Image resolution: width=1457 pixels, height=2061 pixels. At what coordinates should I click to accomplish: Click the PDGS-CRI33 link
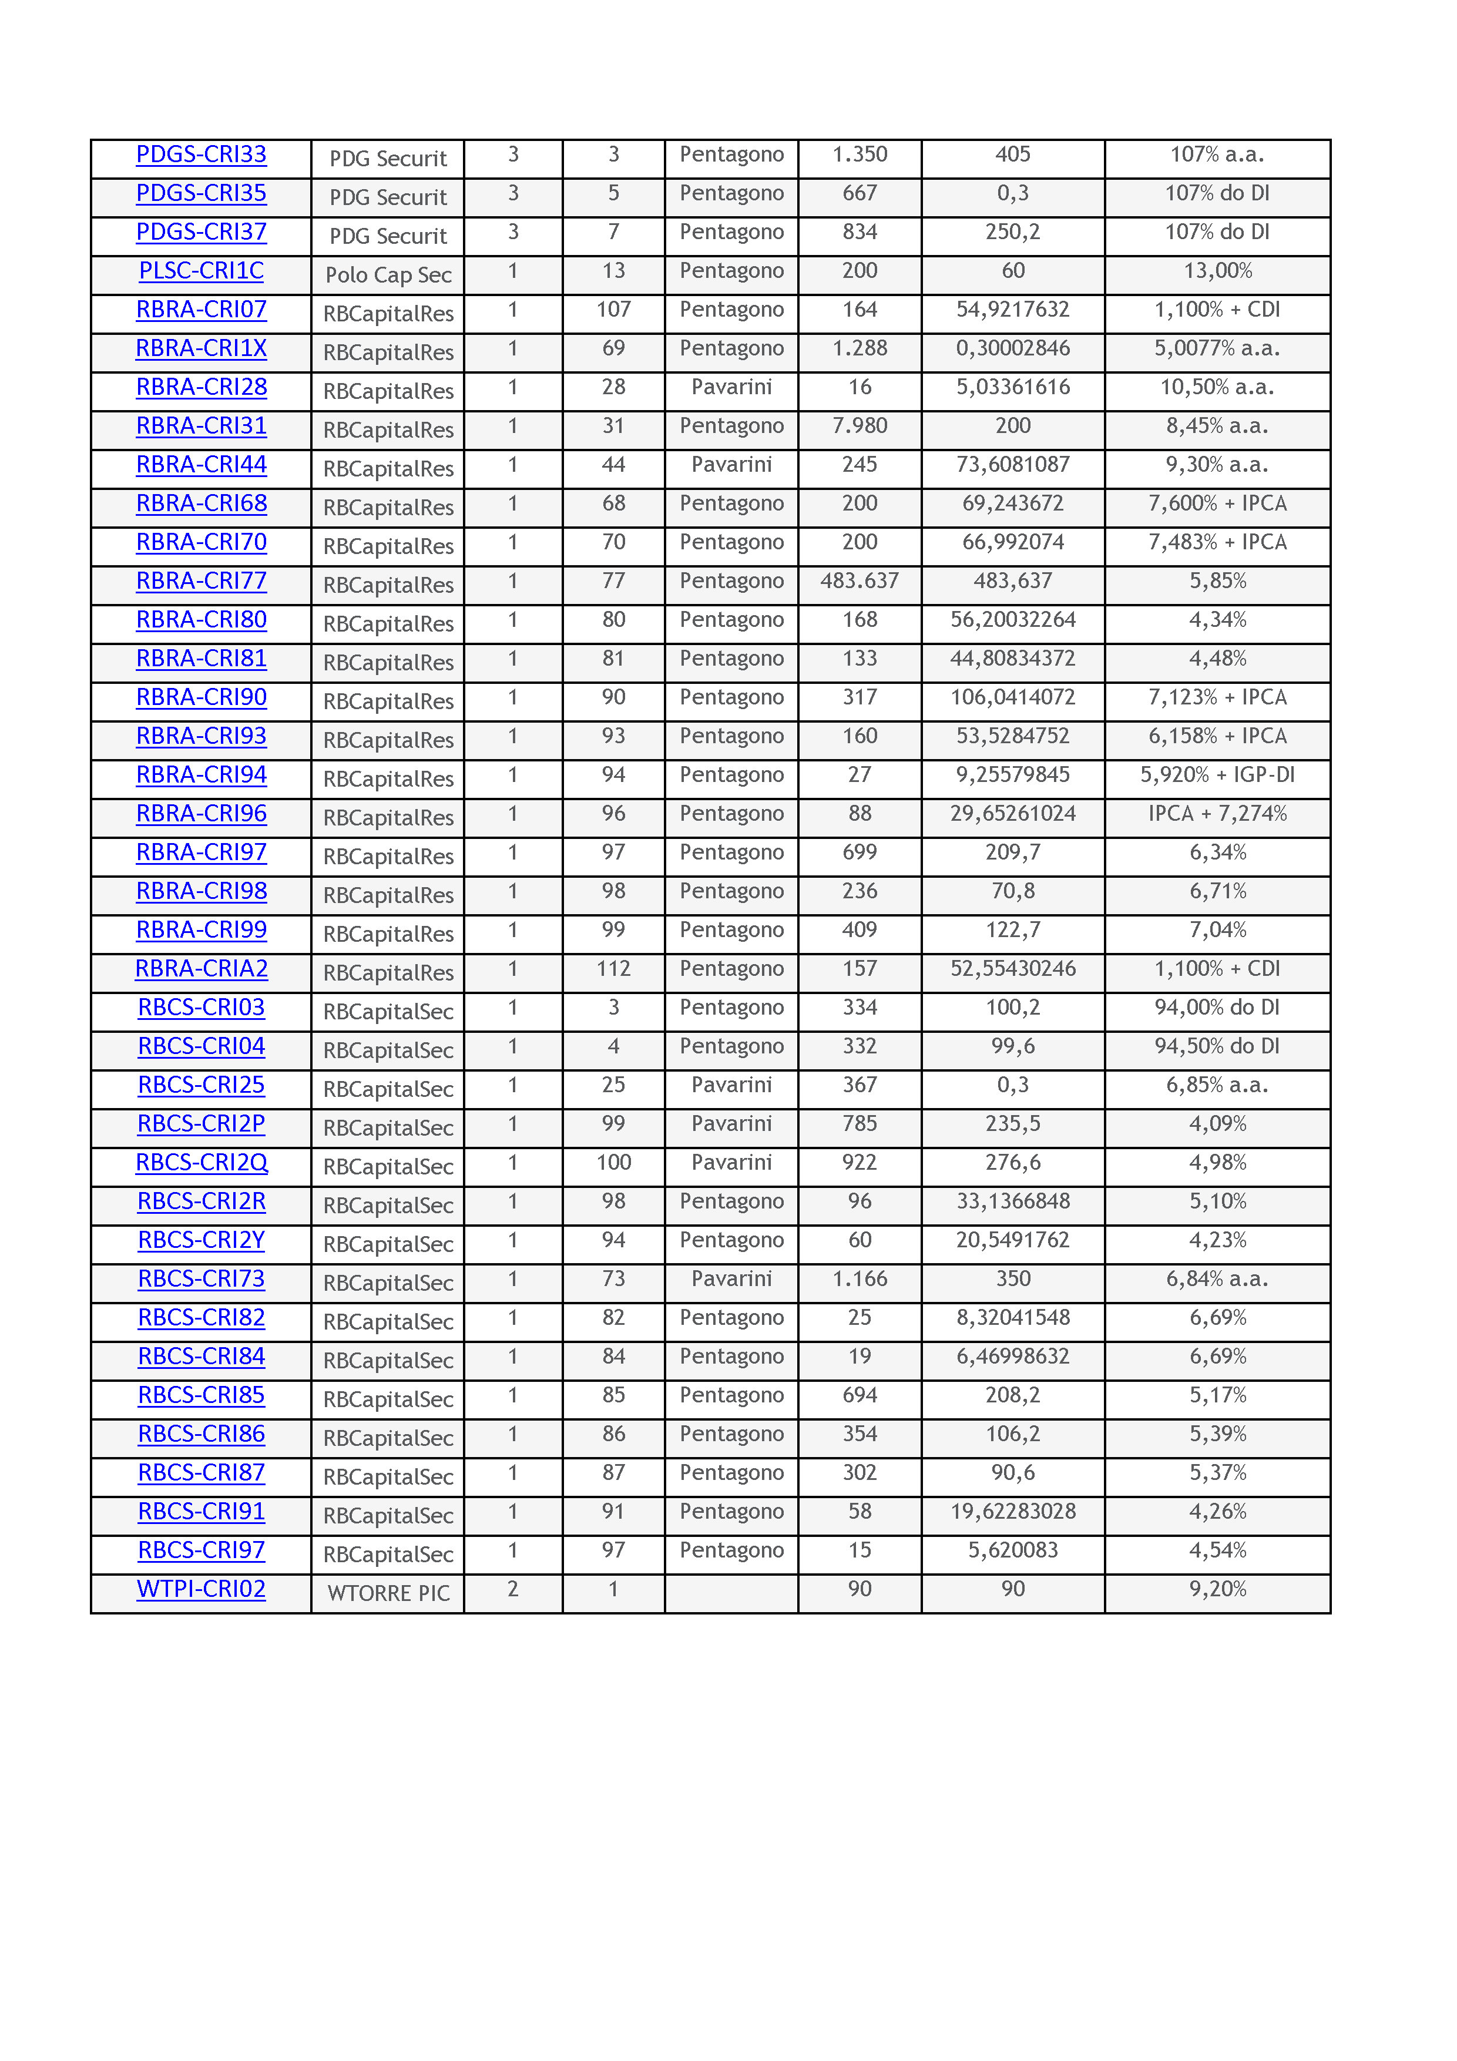tap(201, 155)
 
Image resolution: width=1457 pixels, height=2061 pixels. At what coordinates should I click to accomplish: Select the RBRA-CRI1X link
tap(201, 348)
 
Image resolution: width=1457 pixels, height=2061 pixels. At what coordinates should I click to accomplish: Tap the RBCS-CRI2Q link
tap(201, 1163)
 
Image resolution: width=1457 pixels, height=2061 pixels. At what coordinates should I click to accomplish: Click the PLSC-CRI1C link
tap(201, 271)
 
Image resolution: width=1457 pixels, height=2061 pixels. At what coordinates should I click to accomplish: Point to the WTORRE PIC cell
tap(388, 1593)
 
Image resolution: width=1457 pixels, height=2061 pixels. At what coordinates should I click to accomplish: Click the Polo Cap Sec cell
tap(388, 276)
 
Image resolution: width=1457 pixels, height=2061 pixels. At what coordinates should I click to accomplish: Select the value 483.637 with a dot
tap(859, 581)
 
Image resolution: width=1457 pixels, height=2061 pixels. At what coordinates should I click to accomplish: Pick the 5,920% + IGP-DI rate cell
tap(1217, 775)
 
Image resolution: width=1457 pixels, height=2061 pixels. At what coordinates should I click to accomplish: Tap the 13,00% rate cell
tap(1217, 271)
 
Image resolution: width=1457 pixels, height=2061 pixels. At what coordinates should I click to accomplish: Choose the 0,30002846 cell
tap(1013, 348)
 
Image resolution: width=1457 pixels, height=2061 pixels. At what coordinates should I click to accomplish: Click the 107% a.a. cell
tap(1217, 155)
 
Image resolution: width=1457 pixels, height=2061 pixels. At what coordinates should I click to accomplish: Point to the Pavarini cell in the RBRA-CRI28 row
tap(731, 387)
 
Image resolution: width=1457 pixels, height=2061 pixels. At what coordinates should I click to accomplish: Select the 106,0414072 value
tap(1013, 697)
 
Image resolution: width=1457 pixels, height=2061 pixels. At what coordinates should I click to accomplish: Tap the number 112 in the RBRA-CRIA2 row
tap(613, 969)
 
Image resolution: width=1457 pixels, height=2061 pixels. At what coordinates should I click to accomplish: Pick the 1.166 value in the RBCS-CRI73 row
tap(859, 1278)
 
